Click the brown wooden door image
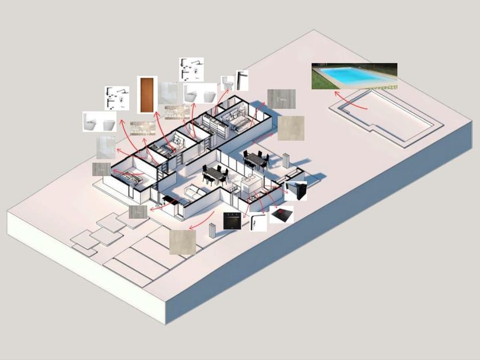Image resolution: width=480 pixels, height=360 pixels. (147, 94)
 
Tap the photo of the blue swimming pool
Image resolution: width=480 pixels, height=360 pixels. (354, 76)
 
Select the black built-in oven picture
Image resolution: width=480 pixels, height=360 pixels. (232, 221)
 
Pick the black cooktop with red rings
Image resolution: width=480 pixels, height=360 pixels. (282, 215)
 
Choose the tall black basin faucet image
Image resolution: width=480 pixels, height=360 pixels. (242, 80)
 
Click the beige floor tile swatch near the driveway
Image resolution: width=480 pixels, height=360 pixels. (182, 241)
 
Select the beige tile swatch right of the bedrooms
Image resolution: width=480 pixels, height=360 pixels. (291, 128)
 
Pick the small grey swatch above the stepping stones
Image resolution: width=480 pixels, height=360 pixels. (138, 212)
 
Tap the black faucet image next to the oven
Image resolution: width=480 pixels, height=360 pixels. (258, 222)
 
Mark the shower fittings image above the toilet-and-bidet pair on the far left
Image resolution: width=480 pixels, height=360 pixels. (117, 98)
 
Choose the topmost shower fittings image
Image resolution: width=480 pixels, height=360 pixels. (190, 69)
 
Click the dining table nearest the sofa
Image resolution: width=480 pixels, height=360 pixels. (214, 173)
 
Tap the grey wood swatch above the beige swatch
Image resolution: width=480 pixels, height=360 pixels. (282, 98)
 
